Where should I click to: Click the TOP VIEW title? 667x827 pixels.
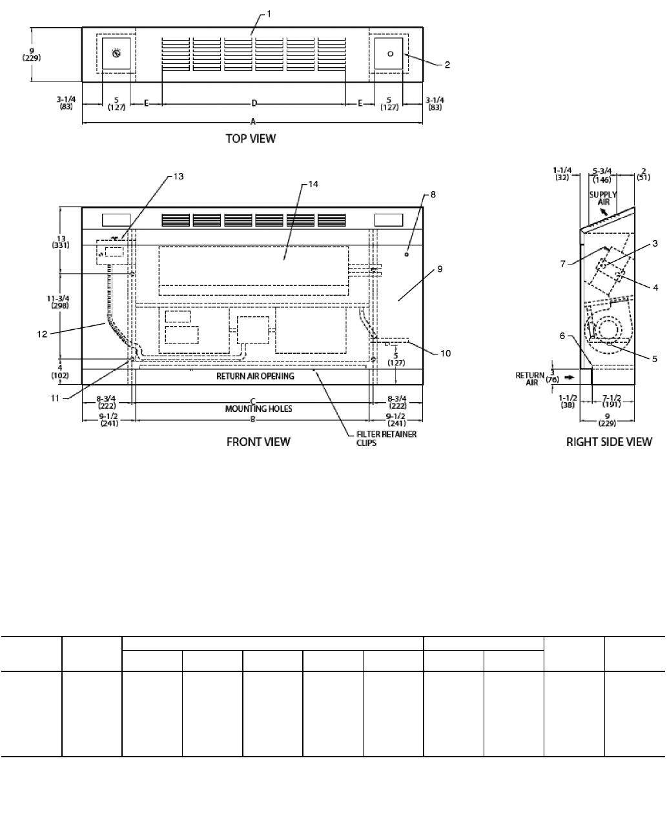pyautogui.click(x=251, y=138)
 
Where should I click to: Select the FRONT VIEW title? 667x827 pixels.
pyautogui.click(x=258, y=442)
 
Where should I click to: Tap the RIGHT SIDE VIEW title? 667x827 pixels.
pyautogui.click(x=609, y=442)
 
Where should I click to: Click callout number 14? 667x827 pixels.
pyautogui.click(x=313, y=185)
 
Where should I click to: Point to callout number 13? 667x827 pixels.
pyautogui.click(x=178, y=176)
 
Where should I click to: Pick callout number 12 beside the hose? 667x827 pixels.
pyautogui.click(x=42, y=334)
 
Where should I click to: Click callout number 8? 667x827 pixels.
pyautogui.click(x=433, y=194)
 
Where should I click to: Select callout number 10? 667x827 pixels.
pyautogui.click(x=446, y=354)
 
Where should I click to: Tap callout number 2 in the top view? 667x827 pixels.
pyautogui.click(x=447, y=65)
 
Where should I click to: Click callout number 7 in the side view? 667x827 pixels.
pyautogui.click(x=563, y=264)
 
